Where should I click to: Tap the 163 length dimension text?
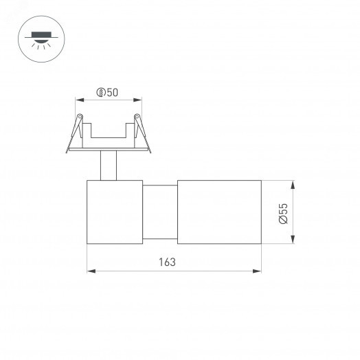(x=167, y=262)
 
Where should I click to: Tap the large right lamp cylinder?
(x=219, y=212)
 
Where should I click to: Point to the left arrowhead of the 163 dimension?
(x=90, y=271)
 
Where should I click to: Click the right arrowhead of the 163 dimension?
(x=258, y=271)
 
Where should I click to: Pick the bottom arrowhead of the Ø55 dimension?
(x=293, y=240)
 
